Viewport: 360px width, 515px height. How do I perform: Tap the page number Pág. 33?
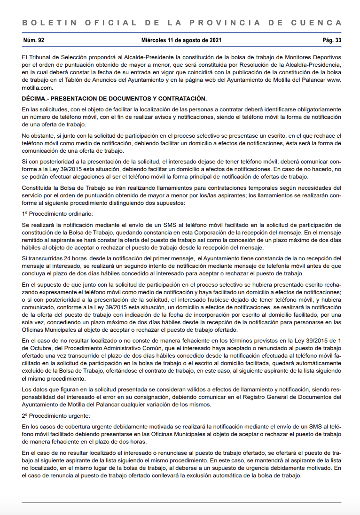(332, 40)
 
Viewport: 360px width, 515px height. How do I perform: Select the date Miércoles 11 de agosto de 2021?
(181, 40)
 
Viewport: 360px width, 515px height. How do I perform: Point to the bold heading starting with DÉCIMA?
(114, 98)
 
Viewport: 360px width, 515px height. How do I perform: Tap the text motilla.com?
(38, 87)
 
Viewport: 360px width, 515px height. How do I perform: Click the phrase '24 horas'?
(76, 258)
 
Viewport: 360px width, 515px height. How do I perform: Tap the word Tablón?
(84, 80)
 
